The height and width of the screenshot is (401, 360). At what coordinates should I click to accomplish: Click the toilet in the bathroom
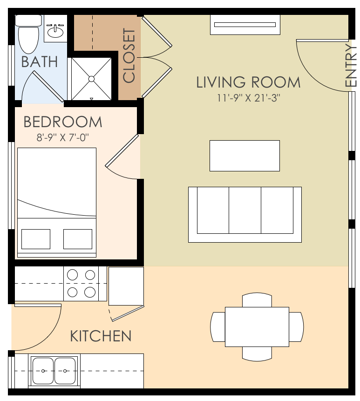[28, 34]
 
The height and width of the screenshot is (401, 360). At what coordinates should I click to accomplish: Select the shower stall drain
[91, 78]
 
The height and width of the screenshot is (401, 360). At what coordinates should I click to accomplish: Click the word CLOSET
[129, 56]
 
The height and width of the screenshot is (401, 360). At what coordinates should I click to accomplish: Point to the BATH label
[40, 62]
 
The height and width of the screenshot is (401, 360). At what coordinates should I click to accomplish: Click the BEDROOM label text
[63, 122]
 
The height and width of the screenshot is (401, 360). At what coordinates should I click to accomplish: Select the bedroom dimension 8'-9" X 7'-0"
[62, 137]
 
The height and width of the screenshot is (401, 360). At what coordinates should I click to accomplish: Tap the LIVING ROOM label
[248, 82]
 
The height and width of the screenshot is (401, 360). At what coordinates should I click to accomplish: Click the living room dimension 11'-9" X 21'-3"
[248, 98]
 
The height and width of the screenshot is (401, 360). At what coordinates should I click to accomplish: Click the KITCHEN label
[101, 336]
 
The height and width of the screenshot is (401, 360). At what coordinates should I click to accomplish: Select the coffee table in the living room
[245, 156]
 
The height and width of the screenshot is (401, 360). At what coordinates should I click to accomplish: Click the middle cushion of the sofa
[245, 211]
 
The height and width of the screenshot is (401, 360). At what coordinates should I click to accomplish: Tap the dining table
[257, 326]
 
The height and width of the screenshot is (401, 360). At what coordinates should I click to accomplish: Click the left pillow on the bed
[36, 239]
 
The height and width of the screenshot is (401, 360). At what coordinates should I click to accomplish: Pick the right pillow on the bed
[78, 239]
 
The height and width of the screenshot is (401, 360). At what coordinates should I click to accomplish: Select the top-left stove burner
[72, 275]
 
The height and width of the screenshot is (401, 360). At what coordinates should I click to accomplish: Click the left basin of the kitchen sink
[43, 371]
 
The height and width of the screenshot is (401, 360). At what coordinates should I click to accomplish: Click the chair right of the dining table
[297, 326]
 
